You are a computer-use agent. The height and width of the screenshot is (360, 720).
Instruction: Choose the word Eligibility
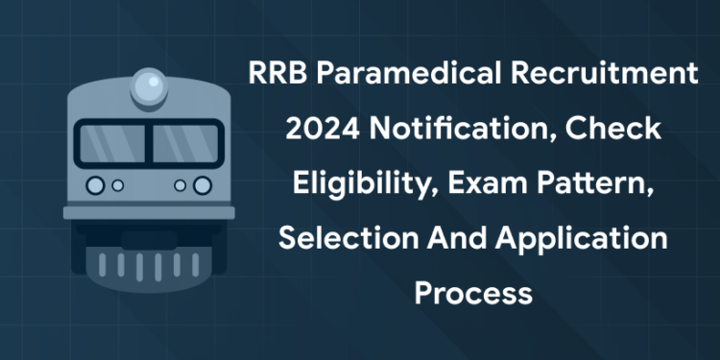(x=337, y=183)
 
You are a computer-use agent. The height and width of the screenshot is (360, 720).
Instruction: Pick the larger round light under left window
(x=95, y=185)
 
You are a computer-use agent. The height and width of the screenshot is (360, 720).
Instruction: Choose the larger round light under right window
(x=202, y=185)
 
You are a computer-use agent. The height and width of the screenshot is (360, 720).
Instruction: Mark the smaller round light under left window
(x=117, y=185)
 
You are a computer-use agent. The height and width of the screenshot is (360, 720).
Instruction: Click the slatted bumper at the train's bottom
(x=148, y=261)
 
